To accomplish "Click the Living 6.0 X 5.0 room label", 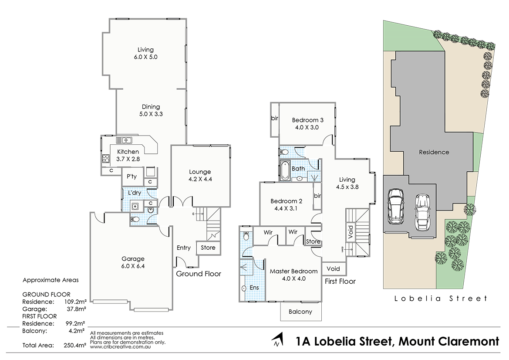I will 146,53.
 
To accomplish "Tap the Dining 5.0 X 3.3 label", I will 150,110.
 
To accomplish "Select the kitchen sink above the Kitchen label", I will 124,140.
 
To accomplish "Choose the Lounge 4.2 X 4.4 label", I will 200,175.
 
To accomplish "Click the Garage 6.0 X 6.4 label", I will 133,262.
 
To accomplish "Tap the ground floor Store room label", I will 208,248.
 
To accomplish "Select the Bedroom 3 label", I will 307,124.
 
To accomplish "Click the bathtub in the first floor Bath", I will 286,171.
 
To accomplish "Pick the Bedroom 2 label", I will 286,204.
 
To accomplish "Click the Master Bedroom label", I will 293,275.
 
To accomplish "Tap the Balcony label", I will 300,312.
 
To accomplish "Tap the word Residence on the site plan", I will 434,152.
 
